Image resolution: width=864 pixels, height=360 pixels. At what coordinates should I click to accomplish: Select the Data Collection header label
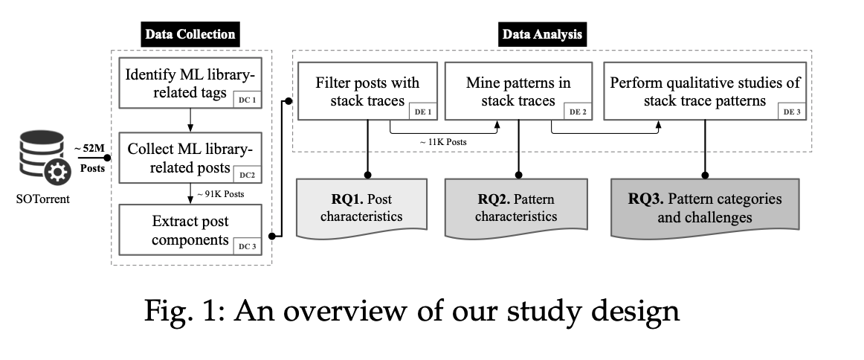point(190,34)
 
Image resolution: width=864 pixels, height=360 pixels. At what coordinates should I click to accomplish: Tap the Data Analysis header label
point(542,34)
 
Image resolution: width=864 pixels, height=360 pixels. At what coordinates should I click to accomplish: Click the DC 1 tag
point(248,100)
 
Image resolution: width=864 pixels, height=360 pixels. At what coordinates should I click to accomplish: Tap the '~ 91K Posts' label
point(220,196)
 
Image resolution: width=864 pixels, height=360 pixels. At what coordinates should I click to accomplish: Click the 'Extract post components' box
point(191,231)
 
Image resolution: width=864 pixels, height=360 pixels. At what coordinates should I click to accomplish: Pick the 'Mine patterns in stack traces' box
point(518,90)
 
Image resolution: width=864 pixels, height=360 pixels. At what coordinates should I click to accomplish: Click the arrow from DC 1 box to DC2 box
point(191,120)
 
